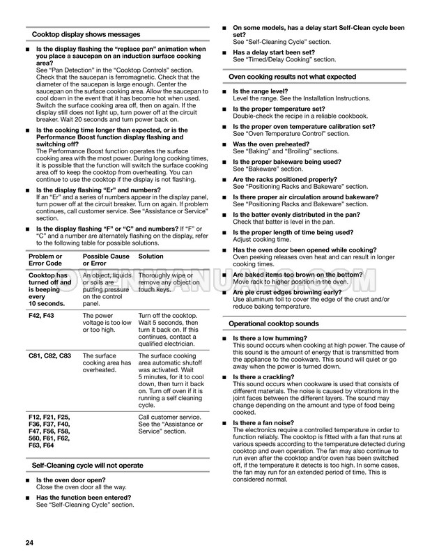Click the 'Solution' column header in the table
[x=151, y=256]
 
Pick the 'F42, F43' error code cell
[x=43, y=315]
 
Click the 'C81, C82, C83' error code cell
[x=49, y=355]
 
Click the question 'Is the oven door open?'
[x=71, y=480]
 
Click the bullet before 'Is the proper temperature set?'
[x=224, y=109]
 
